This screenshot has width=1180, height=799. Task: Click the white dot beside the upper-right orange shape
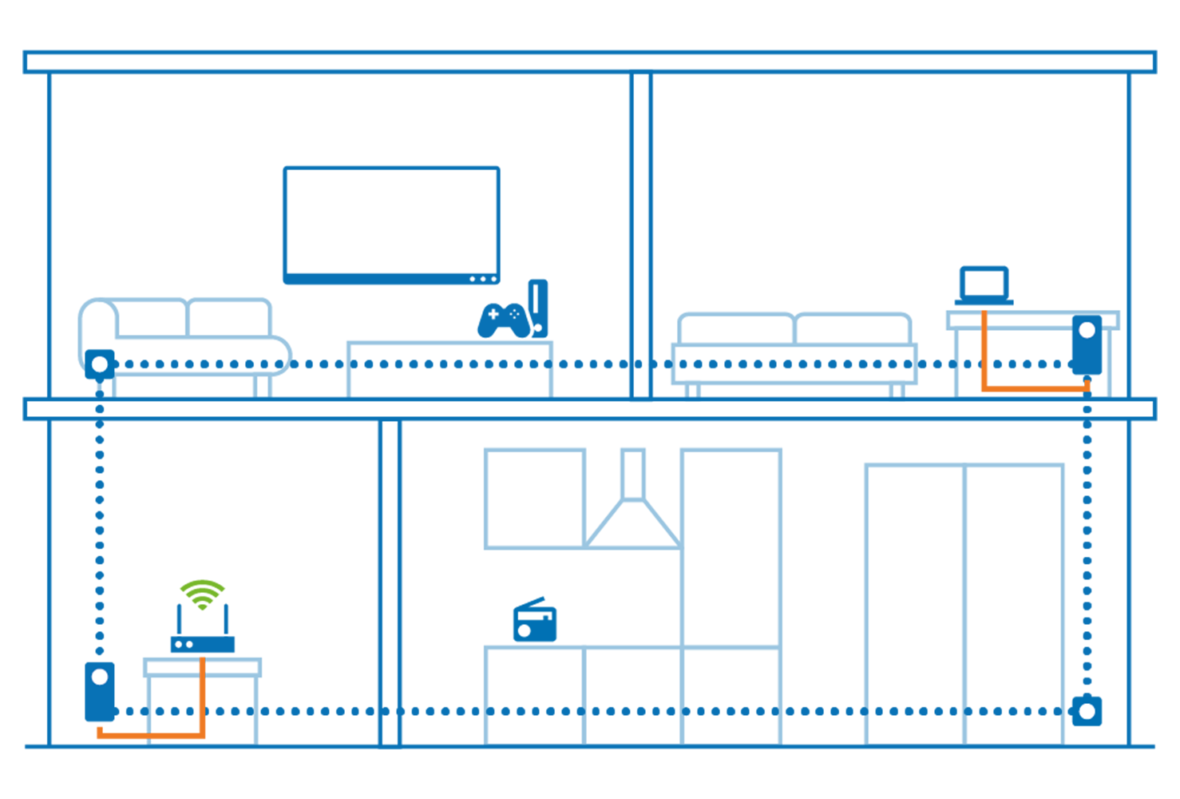pyautogui.click(x=1087, y=330)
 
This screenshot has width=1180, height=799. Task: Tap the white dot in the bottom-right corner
pyautogui.click(x=1087, y=711)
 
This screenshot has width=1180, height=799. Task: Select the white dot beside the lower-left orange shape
pyautogui.click(x=100, y=677)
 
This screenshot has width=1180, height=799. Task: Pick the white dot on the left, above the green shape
pyautogui.click(x=100, y=364)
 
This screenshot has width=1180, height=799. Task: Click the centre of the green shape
pyautogui.click(x=220, y=555)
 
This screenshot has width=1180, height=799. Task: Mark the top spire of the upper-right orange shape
pyautogui.click(x=984, y=314)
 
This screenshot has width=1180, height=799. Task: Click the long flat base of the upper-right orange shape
pyautogui.click(x=1030, y=386)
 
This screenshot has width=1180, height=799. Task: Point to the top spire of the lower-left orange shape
pyautogui.click(x=203, y=661)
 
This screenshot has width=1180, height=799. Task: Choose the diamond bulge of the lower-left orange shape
pyautogui.click(x=202, y=690)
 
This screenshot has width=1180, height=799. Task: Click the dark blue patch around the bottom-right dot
pyautogui.click(x=1100, y=699)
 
